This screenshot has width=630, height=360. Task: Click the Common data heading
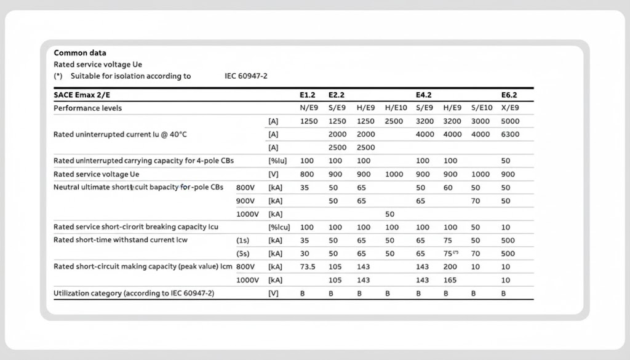[x=80, y=53]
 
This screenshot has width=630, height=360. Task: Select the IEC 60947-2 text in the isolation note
[x=246, y=76]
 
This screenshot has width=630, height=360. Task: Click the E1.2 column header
[x=308, y=95]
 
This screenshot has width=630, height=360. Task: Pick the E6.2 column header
[x=509, y=95]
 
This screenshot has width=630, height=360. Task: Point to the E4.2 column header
[x=424, y=95]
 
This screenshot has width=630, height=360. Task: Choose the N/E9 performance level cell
[x=309, y=108]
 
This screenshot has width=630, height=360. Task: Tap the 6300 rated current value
[x=511, y=134]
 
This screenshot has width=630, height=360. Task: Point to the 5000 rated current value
[x=511, y=121]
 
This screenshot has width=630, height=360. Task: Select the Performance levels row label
[x=87, y=108]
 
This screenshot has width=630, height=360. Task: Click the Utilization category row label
[x=134, y=294]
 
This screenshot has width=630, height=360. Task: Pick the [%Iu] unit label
[x=276, y=161]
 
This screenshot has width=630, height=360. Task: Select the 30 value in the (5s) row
[x=305, y=254]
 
